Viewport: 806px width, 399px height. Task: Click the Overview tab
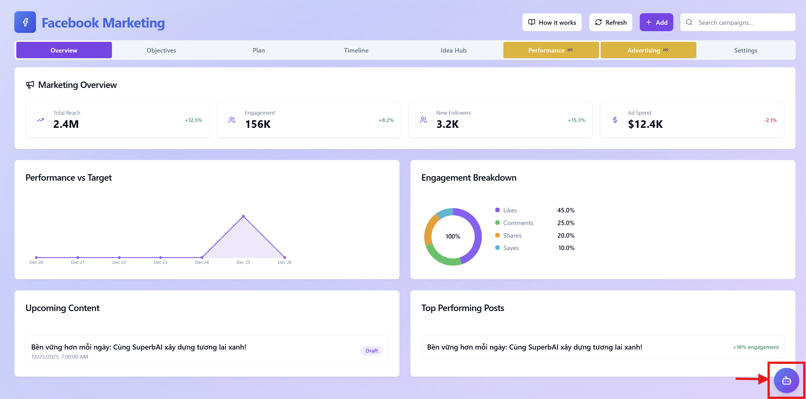[x=64, y=50]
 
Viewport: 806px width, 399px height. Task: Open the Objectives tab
[x=161, y=50]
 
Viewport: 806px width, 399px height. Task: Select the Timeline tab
[x=356, y=50]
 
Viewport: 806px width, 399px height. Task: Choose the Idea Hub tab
[x=453, y=50]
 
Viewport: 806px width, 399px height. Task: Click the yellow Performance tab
[x=551, y=50]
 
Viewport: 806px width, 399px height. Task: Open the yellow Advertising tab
[x=648, y=50]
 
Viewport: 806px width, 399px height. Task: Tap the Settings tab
[x=746, y=50]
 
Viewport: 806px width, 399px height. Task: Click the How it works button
[x=552, y=22]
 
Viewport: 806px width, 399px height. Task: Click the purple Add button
[x=656, y=22]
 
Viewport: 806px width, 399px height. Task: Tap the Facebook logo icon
[x=25, y=22]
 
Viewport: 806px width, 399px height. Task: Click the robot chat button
[x=786, y=380]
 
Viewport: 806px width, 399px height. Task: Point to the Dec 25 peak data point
[x=244, y=216]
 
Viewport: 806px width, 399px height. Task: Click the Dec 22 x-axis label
[x=119, y=262]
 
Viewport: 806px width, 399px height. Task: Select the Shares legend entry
[x=512, y=235]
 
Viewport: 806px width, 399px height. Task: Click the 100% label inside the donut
[x=453, y=236]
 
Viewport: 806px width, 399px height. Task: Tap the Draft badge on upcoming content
[x=372, y=351]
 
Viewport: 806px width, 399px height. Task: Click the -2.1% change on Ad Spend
[x=770, y=120]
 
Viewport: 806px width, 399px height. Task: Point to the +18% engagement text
[x=756, y=347]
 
